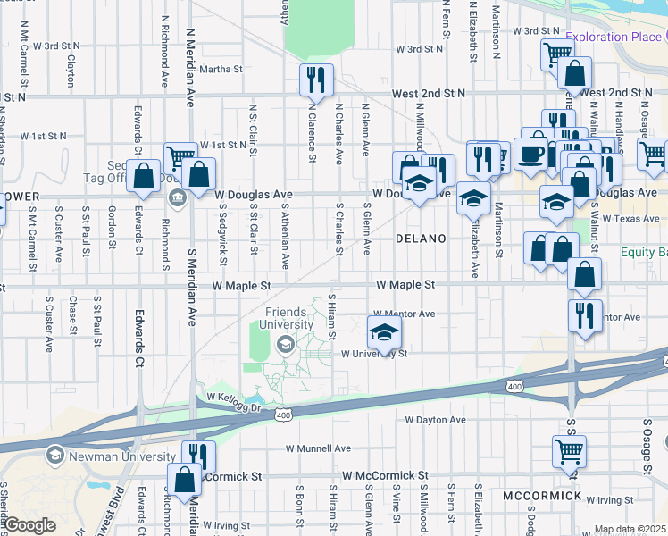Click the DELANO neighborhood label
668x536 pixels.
point(421,239)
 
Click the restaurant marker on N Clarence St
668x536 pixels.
point(315,82)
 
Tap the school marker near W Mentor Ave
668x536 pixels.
point(384,334)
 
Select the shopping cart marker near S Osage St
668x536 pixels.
point(568,453)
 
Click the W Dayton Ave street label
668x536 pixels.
point(435,419)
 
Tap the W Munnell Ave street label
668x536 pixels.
point(318,448)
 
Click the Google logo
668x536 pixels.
point(29,525)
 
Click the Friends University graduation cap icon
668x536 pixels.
point(286,345)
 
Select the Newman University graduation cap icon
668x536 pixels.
point(55,456)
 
